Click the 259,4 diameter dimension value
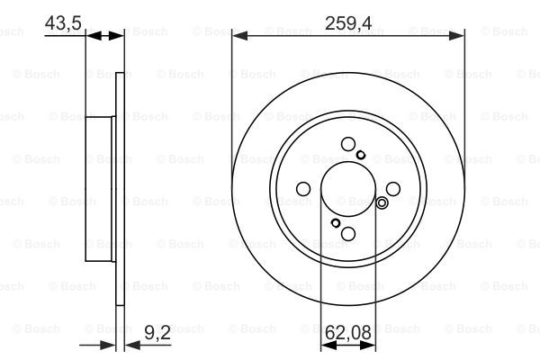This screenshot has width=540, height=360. pos(348,23)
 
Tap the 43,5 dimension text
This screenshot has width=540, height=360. pos(63,23)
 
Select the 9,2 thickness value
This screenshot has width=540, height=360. pos(157,333)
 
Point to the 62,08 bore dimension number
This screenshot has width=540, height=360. pos(348,333)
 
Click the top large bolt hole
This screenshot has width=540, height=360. pos(348,144)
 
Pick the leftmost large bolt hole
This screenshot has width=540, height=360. pos(303,189)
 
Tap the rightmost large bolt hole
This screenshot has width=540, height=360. pos(393,189)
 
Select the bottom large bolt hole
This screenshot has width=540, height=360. pos(348,234)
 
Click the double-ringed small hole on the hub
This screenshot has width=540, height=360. pos(382,202)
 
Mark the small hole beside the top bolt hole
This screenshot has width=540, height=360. pos(361,155)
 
